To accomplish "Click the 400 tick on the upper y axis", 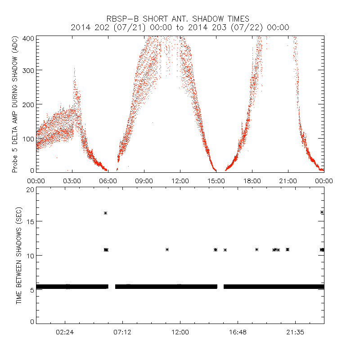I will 28,38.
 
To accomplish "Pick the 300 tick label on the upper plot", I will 28,71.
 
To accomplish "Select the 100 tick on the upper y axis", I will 28,138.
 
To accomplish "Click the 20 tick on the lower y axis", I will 30,189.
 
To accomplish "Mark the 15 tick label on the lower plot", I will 30,221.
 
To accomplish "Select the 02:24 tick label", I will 65,333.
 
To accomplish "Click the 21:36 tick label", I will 295,333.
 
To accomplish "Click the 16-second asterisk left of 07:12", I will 105,213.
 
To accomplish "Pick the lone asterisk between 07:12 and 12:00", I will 167,249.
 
